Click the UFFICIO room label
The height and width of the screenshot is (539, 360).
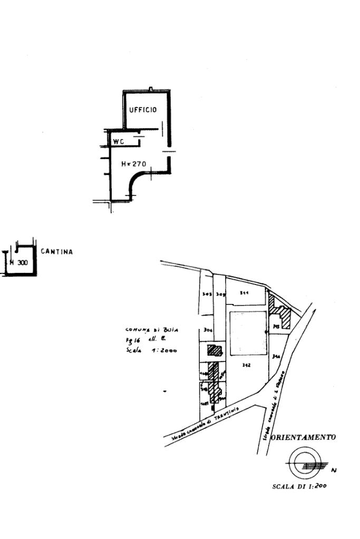pos(143,110)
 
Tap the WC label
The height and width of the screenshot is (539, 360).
pos(119,141)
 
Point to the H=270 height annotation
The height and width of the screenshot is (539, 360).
pos(134,164)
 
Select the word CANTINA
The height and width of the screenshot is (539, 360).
pos(57,252)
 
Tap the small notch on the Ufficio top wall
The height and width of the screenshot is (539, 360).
pos(151,89)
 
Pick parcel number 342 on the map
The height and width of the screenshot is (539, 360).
pos(246,365)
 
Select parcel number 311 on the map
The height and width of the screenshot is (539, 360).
pos(244,292)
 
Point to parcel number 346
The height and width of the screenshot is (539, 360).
pos(276,357)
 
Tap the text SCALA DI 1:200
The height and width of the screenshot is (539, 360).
pos(299,486)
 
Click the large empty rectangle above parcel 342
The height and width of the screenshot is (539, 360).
pos(249,333)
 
